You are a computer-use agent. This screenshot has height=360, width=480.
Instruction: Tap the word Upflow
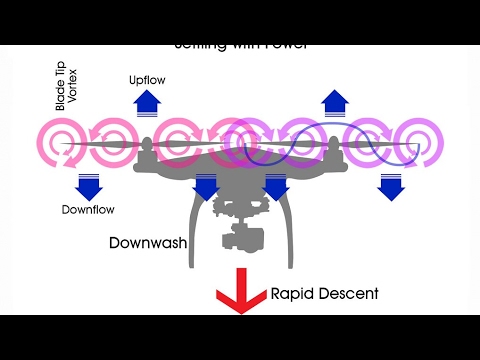pyautogui.click(x=147, y=78)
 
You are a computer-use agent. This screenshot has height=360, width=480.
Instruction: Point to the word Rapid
pyautogui.click(x=293, y=294)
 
